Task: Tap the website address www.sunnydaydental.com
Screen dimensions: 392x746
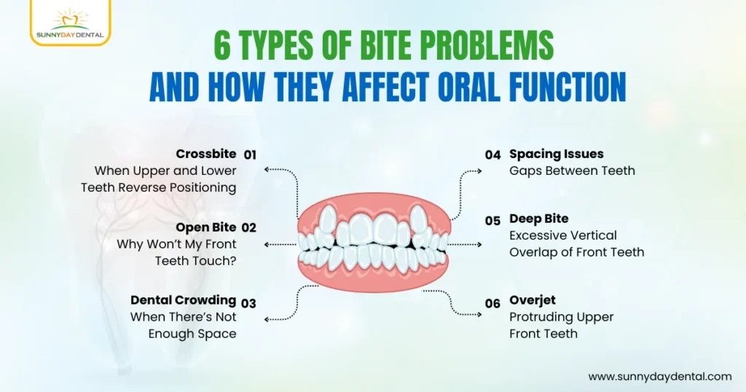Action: pyautogui.click(x=659, y=377)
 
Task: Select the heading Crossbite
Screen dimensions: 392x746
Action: pyautogui.click(x=206, y=154)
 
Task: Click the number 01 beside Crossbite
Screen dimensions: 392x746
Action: pyautogui.click(x=250, y=154)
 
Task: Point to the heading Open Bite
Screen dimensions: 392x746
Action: pyautogui.click(x=206, y=227)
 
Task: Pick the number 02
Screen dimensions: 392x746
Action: pyautogui.click(x=250, y=227)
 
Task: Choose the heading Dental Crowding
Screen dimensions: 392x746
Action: pyautogui.click(x=183, y=300)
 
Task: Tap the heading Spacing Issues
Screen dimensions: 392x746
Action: pyautogui.click(x=556, y=154)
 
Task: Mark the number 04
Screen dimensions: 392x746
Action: pyautogui.click(x=493, y=154)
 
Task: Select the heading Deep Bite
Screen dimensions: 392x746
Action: pyautogui.click(x=538, y=219)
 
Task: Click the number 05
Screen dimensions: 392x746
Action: pyautogui.click(x=493, y=219)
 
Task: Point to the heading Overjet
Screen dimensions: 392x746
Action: pyautogui.click(x=533, y=300)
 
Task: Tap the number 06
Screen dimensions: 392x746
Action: pyautogui.click(x=493, y=302)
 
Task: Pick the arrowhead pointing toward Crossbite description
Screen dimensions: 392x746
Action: pyautogui.click(x=267, y=170)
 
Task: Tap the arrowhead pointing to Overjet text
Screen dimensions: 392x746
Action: pyautogui.click(x=478, y=314)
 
